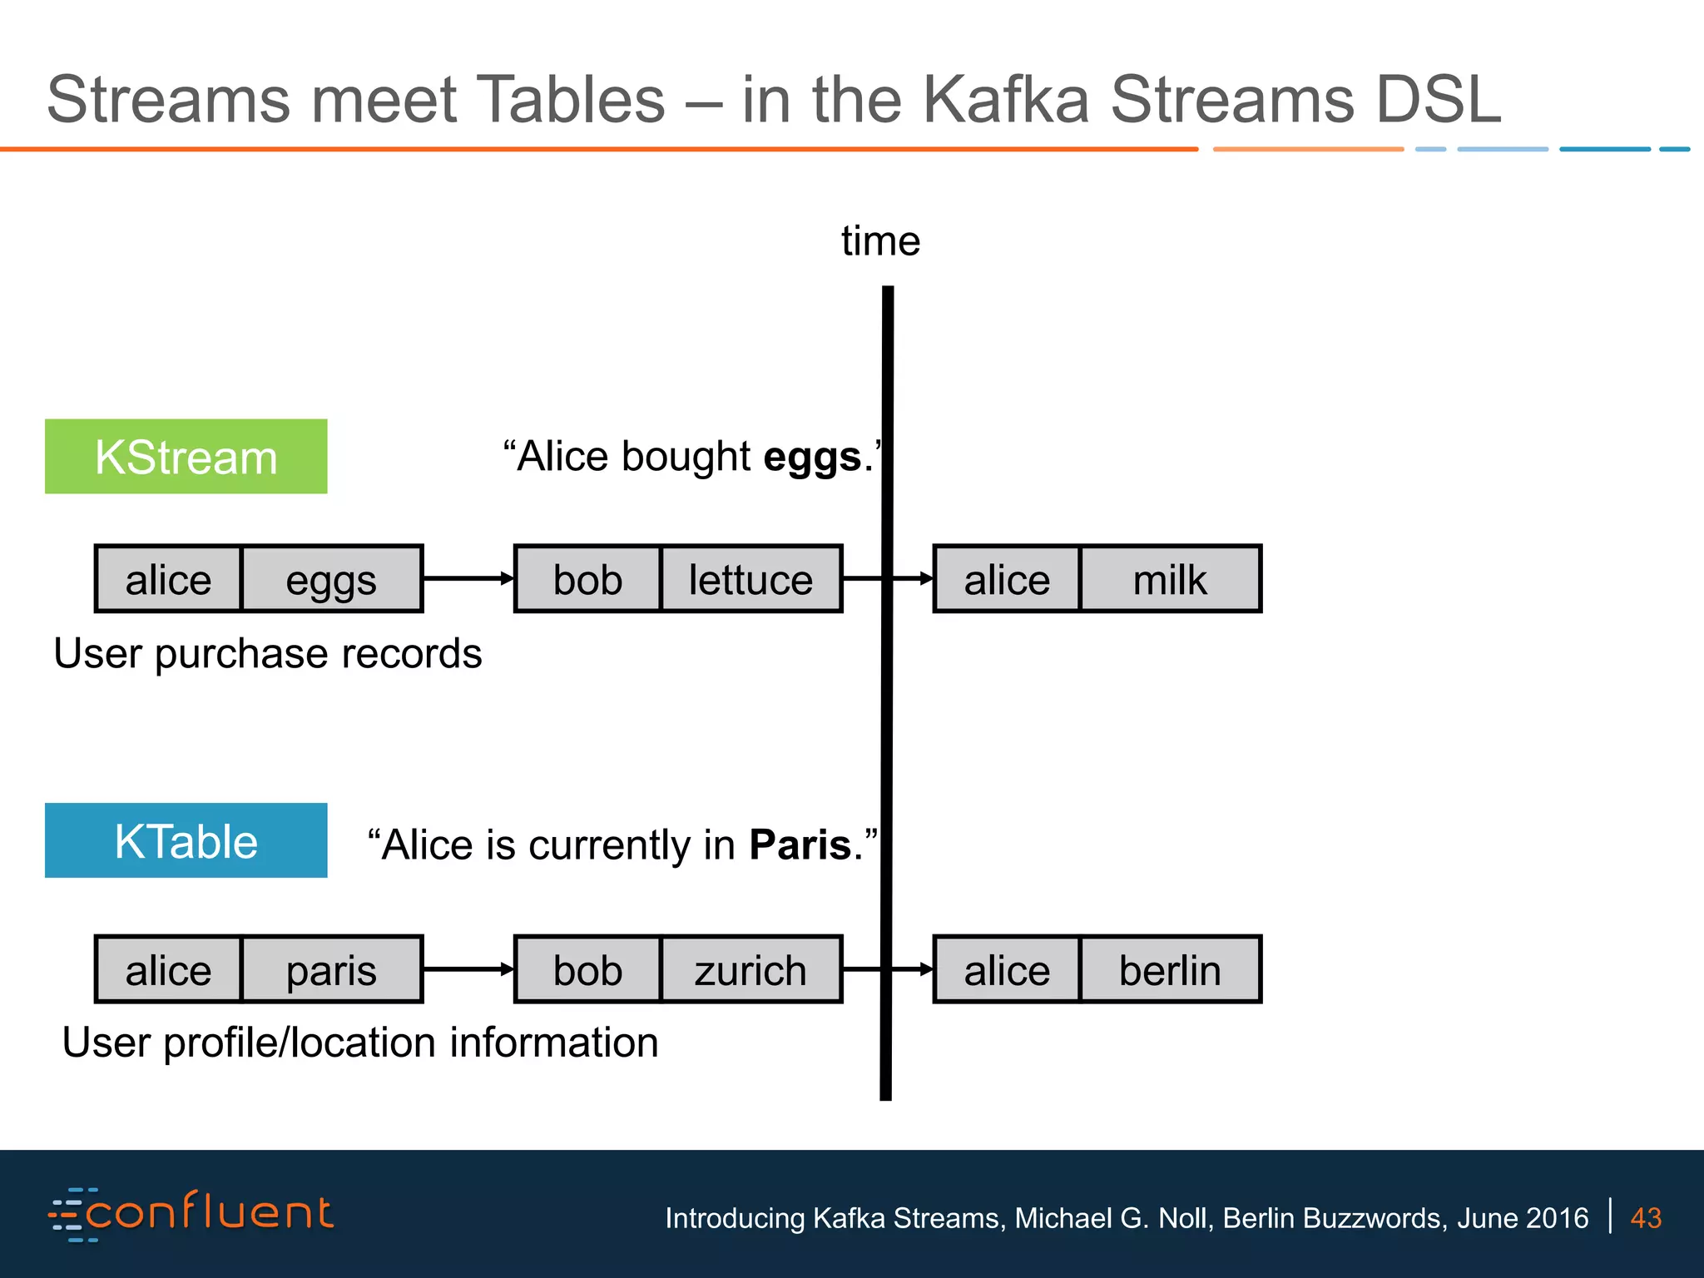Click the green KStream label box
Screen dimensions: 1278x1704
186,457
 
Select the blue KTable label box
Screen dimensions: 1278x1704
186,840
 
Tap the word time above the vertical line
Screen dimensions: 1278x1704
880,241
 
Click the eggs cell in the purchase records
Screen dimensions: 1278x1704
331,579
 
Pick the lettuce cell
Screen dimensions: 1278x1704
750,579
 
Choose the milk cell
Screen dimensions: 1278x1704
1170,579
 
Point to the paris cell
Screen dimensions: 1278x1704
331,970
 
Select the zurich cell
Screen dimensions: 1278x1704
750,970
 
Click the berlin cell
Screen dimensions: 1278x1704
1170,970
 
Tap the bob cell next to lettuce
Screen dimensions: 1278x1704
587,579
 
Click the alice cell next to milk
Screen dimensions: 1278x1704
1007,579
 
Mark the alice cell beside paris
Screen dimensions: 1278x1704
168,970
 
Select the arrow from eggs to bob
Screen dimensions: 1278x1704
468,578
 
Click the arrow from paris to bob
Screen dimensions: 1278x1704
468,969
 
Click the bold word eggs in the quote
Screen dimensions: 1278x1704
812,458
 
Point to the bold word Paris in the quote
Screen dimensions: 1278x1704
800,845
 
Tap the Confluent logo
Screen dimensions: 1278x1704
191,1214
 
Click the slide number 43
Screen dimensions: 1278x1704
1646,1218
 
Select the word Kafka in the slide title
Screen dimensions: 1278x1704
1005,100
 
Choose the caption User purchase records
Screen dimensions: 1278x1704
267,654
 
